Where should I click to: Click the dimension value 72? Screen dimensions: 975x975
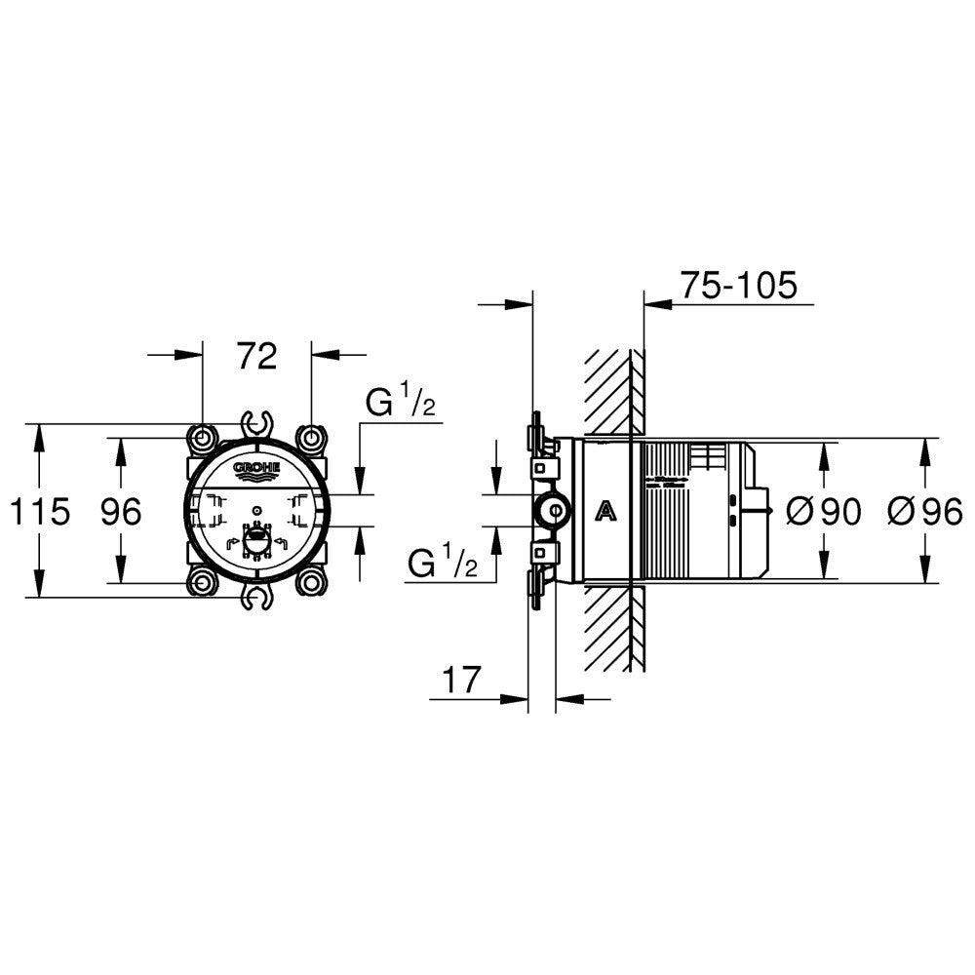coord(257,356)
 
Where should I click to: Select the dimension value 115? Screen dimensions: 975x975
coord(40,512)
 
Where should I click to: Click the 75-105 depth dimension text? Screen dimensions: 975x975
coord(738,286)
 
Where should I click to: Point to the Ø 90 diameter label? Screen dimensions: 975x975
coord(823,512)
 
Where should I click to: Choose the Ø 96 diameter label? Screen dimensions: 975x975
coord(925,512)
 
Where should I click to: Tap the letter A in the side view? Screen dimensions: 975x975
coord(605,511)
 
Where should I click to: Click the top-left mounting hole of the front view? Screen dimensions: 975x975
coord(203,439)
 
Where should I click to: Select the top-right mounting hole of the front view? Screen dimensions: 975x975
coord(312,439)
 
